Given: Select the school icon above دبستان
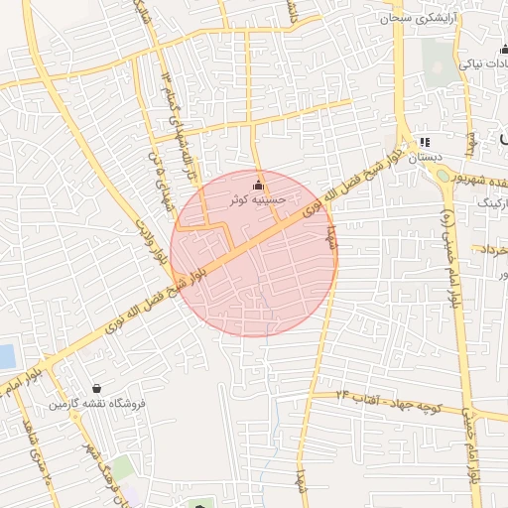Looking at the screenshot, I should (x=426, y=143).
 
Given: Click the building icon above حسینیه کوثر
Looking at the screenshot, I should (x=259, y=184).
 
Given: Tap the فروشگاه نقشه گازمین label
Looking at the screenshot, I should (x=97, y=404).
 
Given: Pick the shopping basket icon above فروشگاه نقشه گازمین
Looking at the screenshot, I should (x=96, y=388).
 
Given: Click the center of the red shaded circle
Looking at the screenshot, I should (x=253, y=253).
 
